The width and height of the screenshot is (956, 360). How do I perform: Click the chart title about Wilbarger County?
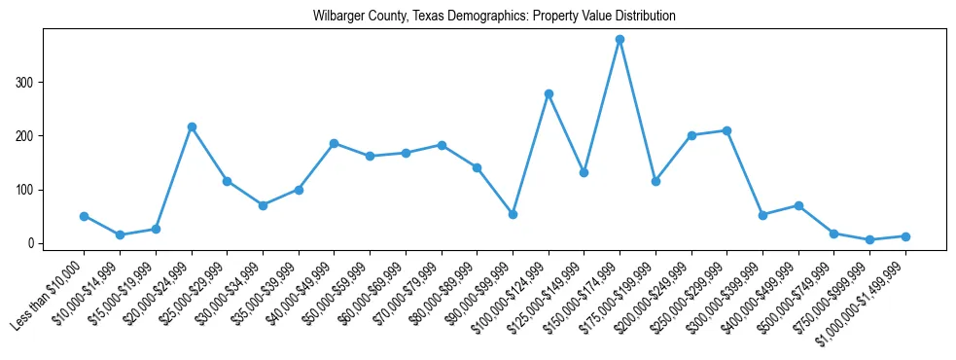coord(494,17)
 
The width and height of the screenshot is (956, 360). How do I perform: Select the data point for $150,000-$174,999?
coord(620,40)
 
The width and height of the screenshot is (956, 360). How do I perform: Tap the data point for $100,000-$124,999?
coord(549,93)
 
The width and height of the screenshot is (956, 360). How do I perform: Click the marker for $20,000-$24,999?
coord(192,126)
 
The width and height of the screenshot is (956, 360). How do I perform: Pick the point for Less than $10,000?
coord(84,216)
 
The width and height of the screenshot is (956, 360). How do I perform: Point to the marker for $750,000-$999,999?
coord(869,239)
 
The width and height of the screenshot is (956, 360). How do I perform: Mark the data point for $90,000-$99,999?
coord(513,214)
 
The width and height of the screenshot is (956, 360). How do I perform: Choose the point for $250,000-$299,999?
coord(726,130)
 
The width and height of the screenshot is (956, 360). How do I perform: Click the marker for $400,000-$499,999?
coord(798,205)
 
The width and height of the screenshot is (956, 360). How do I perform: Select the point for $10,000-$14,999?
coord(120,234)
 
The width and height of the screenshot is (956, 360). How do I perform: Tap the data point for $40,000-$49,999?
coord(334,143)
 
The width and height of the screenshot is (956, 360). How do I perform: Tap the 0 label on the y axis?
coord(32,243)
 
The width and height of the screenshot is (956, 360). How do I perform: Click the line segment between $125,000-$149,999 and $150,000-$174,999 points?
coord(602,106)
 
